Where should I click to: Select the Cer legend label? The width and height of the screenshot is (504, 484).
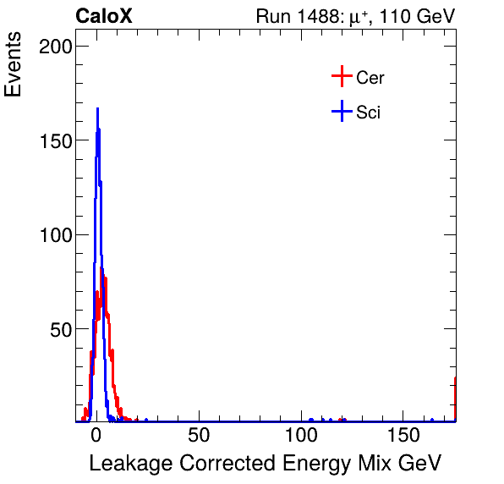(370, 78)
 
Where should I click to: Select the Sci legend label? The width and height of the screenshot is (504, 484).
(369, 112)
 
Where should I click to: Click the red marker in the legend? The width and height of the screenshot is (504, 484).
(342, 77)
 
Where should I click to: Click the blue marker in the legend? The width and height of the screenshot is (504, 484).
(342, 111)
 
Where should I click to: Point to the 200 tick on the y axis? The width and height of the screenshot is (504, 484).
(55, 47)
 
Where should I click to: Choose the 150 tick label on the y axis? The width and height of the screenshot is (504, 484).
(55, 140)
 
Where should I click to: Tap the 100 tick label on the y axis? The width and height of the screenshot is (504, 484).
(55, 234)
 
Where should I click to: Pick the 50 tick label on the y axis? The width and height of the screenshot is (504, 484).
(60, 328)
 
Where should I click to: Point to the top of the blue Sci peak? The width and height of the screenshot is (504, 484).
(97, 109)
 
